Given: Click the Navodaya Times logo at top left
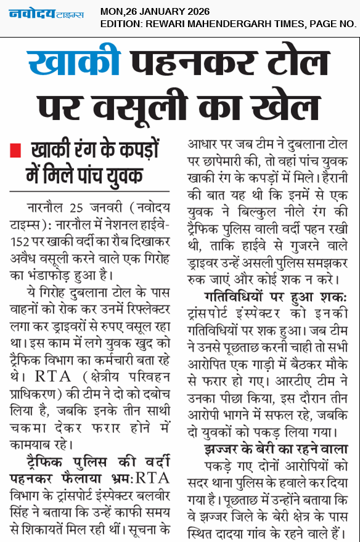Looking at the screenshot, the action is (47, 14).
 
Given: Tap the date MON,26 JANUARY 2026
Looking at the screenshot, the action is (155, 11).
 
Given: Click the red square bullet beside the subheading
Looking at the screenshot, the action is (17, 150).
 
